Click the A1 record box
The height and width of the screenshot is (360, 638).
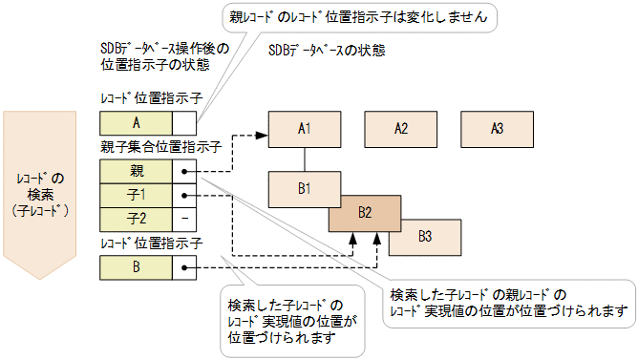305,128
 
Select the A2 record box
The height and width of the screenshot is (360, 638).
400,128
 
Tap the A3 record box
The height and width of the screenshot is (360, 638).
496,128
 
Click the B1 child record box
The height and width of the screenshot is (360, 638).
305,188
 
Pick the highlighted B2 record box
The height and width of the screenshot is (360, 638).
364,212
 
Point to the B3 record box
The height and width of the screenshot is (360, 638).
425,235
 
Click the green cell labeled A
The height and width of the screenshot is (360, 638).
137,122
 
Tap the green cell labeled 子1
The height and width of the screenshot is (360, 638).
137,195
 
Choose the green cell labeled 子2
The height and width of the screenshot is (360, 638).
137,218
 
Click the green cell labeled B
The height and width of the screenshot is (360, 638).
137,267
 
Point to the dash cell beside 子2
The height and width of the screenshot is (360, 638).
184,218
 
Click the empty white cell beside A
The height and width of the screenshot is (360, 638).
184,122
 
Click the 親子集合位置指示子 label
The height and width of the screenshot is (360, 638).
160,148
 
